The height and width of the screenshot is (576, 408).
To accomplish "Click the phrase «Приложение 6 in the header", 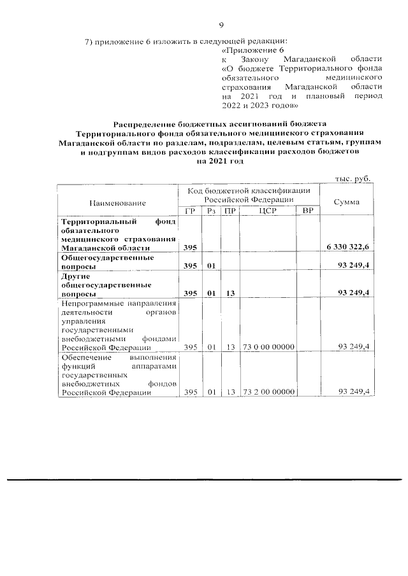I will pyautogui.click(x=251, y=50).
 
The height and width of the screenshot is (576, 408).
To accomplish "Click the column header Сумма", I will pyautogui.click(x=346, y=202).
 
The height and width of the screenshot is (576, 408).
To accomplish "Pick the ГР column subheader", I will pyautogui.click(x=189, y=211).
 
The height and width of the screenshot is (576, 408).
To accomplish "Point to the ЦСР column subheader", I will pyautogui.click(x=267, y=211).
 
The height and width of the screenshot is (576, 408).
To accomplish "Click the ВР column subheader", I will pyautogui.click(x=308, y=211).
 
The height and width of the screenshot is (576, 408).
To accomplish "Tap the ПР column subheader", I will pyautogui.click(x=229, y=211).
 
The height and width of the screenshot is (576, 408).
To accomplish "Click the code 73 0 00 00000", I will pyautogui.click(x=267, y=348).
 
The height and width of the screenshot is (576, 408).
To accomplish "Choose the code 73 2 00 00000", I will pyautogui.click(x=267, y=392).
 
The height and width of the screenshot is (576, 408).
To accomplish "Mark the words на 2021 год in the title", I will pyautogui.click(x=220, y=162).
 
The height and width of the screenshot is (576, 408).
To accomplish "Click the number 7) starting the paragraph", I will pyautogui.click(x=89, y=42).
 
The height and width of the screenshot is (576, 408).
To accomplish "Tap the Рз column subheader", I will pyautogui.click(x=210, y=211).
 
